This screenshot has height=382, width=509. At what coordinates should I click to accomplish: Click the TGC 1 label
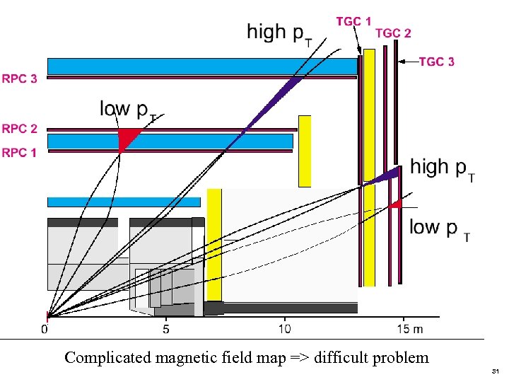353,21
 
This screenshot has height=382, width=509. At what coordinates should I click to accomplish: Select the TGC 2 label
393,33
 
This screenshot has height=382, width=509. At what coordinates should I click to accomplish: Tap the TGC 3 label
437,62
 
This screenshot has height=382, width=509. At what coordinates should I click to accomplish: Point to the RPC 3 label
20,79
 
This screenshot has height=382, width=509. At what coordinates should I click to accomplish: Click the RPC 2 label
20,129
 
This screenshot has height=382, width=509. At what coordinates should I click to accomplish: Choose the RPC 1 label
20,152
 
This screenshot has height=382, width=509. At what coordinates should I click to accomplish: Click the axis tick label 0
45,329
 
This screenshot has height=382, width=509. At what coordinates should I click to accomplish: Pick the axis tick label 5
165,329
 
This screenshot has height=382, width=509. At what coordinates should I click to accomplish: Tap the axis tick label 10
284,329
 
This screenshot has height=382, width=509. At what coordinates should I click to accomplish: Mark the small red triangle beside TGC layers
395,204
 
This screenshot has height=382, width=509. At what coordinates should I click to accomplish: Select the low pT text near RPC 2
128,110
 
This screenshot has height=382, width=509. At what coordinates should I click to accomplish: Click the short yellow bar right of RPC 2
305,151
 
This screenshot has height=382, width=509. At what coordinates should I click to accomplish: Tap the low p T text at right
439,228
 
